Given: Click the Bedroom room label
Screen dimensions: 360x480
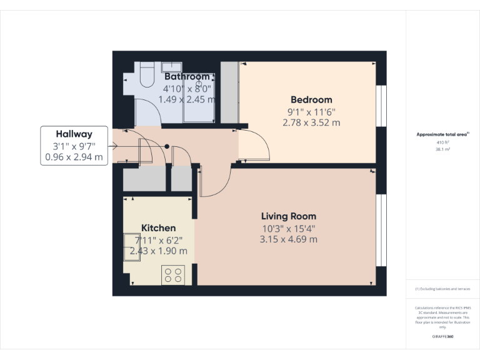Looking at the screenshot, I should click(x=311, y=99).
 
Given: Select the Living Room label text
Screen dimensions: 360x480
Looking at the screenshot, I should click(x=288, y=216).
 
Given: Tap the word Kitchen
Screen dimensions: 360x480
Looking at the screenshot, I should click(x=158, y=227).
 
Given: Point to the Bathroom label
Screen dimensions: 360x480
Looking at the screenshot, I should click(x=187, y=77).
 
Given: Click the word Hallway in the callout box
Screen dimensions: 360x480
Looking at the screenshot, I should click(x=74, y=134).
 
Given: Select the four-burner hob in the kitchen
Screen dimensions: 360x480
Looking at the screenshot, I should click(x=172, y=275).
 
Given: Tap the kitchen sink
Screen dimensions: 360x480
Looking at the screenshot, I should click(x=134, y=244).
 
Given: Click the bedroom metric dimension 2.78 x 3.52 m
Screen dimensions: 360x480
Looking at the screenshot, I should click(x=311, y=123).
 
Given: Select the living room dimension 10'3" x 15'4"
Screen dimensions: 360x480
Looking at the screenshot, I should click(x=288, y=228).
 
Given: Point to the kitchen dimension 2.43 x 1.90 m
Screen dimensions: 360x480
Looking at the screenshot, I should click(x=158, y=251).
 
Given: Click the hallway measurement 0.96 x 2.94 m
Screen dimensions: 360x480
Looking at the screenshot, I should click(x=74, y=157).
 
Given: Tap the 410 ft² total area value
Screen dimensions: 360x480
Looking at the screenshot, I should click(x=443, y=142).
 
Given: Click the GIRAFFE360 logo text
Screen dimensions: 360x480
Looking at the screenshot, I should click(x=443, y=336).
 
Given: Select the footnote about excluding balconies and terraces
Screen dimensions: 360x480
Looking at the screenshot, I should click(x=443, y=289).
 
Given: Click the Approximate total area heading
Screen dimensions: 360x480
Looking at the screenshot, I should click(x=442, y=134).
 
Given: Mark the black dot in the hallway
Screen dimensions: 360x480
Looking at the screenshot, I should click(x=167, y=146).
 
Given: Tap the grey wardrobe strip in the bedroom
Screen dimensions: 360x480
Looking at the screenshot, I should click(x=229, y=92).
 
